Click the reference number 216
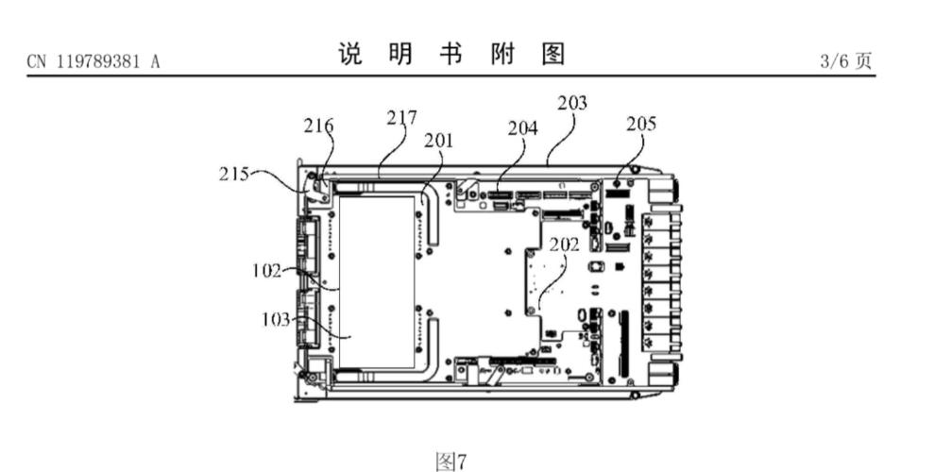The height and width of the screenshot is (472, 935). click(318, 126)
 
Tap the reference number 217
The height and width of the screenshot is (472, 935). click(401, 118)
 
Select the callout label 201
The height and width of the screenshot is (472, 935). click(438, 141)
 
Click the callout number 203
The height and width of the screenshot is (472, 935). click(571, 103)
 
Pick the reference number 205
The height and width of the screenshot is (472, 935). click(640, 124)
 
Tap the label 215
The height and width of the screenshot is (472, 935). click(232, 174)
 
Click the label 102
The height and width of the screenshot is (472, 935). click(267, 271)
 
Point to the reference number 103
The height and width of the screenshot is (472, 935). click(277, 319)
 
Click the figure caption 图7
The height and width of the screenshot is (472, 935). click(451, 461)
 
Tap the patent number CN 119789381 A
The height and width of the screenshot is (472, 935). click(93, 61)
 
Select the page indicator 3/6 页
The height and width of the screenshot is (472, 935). click(846, 61)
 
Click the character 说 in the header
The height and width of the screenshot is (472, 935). click(349, 56)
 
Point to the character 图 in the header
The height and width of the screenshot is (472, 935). click(552, 56)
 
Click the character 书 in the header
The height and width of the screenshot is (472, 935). click(450, 56)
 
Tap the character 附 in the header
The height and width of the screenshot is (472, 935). click(501, 56)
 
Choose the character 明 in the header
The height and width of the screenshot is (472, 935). click(400, 56)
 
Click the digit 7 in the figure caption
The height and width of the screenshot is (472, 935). click(462, 461)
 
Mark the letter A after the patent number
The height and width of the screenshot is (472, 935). click(154, 61)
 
